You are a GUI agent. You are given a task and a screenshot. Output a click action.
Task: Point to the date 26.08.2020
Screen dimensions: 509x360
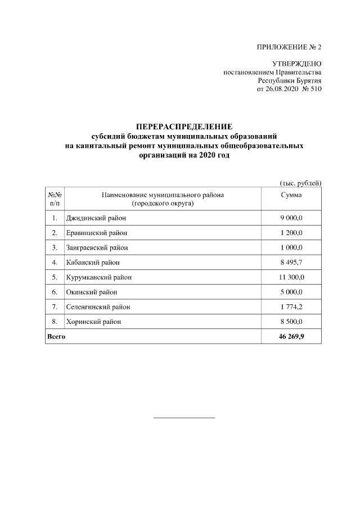tap(281, 89)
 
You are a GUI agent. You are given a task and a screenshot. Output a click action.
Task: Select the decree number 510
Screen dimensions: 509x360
tap(316, 89)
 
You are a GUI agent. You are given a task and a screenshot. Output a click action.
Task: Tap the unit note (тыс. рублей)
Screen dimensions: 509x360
tap(300, 183)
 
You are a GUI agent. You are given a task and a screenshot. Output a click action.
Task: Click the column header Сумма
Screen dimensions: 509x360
tap(291, 195)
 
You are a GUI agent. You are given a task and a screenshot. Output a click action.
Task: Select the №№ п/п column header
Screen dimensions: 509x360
tap(55, 199)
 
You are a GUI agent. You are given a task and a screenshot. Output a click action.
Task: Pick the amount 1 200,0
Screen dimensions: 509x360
tap(291, 233)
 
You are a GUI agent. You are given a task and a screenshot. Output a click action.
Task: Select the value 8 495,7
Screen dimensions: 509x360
tap(291, 262)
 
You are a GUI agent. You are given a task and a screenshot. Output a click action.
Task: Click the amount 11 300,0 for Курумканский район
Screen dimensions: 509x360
tap(291, 277)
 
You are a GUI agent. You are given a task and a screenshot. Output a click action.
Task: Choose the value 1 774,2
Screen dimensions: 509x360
tap(291, 307)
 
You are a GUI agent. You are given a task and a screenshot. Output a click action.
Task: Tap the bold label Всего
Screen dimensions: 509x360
tap(56, 336)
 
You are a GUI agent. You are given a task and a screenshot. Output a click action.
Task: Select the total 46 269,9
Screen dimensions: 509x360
tap(291, 336)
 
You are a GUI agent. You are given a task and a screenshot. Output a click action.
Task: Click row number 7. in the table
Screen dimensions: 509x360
tap(55, 307)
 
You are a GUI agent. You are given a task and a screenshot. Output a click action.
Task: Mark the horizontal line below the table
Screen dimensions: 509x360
tap(184, 418)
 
